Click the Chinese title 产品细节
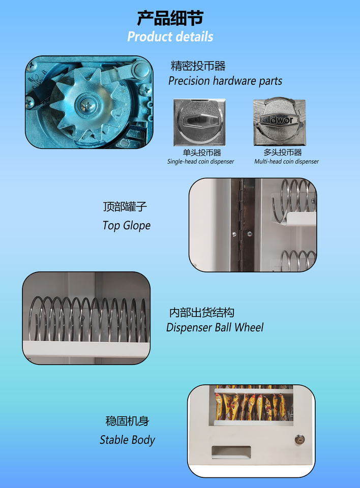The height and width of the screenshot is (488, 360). (x=170, y=18)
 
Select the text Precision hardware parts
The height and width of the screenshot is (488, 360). (x=225, y=81)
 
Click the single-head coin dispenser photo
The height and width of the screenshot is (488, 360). (x=199, y=123)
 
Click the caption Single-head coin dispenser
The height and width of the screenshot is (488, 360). (x=200, y=162)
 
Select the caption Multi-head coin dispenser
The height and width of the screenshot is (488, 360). (x=286, y=162)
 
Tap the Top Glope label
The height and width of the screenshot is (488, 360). (x=127, y=225)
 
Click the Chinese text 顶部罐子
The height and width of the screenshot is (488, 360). (x=125, y=207)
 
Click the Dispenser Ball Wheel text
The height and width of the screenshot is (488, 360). (x=215, y=327)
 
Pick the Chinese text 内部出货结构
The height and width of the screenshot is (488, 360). (x=202, y=313)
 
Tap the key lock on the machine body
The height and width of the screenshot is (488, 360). (x=299, y=439)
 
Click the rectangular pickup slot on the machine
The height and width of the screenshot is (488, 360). (x=231, y=452)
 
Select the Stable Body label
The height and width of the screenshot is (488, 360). (x=127, y=440)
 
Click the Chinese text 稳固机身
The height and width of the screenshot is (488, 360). (x=127, y=421)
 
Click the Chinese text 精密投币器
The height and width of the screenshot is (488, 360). (x=198, y=66)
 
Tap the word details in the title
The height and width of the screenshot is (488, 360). (x=192, y=37)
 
